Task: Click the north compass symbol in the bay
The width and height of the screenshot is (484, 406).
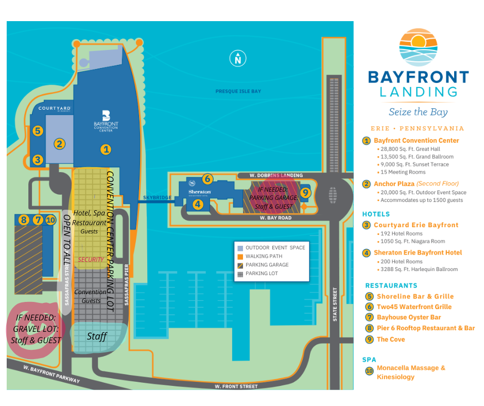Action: coord(237,59)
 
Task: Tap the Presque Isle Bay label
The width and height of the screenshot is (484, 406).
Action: coord(238,91)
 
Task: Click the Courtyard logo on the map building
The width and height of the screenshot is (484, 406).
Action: coord(54,109)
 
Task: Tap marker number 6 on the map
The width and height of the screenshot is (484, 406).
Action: coord(207,179)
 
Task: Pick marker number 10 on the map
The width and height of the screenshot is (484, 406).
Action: coord(50,220)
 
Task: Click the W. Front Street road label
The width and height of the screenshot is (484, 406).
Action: coord(237,385)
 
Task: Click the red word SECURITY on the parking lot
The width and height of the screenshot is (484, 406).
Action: coord(91,259)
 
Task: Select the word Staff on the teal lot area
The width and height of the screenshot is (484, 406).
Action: coord(97,336)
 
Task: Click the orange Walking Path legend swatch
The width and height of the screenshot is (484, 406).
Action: coord(240,256)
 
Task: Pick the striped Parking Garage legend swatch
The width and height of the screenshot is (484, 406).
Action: coord(240,265)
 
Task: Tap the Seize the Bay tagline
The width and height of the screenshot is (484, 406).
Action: coord(418,112)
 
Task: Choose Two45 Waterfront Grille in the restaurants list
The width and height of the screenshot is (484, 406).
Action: coord(414,307)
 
